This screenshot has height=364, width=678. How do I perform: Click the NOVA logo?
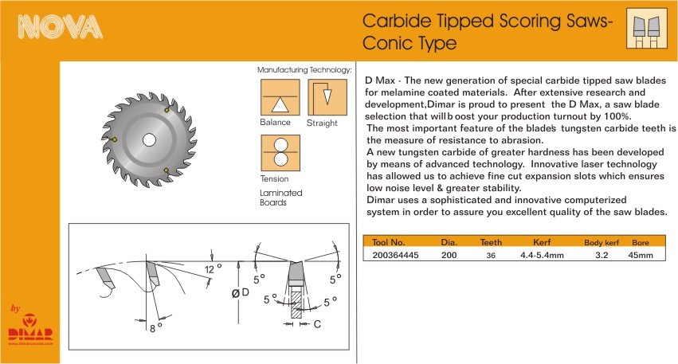[x=60, y=27]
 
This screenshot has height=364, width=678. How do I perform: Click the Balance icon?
[x=280, y=97]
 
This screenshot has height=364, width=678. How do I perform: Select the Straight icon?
[x=327, y=97]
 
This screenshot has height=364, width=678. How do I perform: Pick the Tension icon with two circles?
[x=280, y=153]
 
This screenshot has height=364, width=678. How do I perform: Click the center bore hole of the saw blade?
[x=149, y=139]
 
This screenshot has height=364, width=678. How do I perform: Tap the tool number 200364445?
[x=395, y=255]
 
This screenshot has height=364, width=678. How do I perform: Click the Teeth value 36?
[x=491, y=256]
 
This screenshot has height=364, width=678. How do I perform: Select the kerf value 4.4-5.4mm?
[x=542, y=255]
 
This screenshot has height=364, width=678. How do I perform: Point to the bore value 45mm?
[x=641, y=255]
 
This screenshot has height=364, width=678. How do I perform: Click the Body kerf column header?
[x=602, y=242]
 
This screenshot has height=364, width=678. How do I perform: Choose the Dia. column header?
[x=449, y=242]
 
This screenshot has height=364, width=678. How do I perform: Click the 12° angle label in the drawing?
[x=213, y=269]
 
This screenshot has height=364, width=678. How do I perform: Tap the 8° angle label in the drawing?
[x=155, y=327]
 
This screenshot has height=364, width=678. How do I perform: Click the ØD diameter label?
[x=241, y=293]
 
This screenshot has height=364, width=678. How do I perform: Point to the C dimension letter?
[x=317, y=324]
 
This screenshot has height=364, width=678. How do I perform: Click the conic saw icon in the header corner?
[x=646, y=29]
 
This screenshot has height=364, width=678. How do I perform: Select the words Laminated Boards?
[x=281, y=198]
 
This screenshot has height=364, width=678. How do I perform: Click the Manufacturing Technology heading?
[x=304, y=69]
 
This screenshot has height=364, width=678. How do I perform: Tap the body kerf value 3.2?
[x=602, y=255]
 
